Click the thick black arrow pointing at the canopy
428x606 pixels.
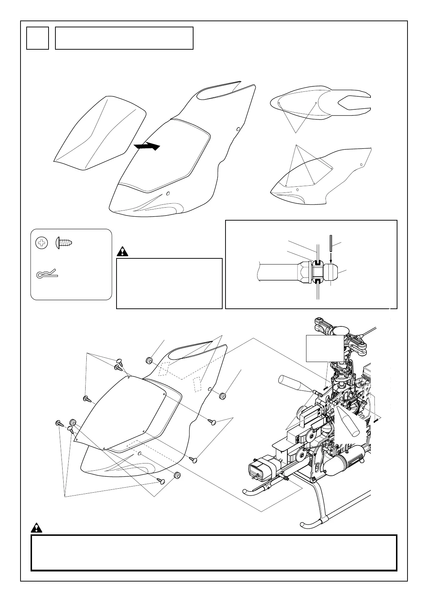point(146,146)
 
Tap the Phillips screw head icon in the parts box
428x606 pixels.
point(42,244)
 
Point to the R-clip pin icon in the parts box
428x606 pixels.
point(47,275)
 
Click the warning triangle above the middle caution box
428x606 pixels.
point(123,252)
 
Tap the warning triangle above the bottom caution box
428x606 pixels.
point(36,528)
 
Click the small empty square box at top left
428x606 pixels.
point(37,38)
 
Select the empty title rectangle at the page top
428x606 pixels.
point(124,38)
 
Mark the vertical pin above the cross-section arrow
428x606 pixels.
point(331,244)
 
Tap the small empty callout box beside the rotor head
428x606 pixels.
point(325,348)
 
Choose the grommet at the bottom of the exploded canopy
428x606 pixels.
point(177,475)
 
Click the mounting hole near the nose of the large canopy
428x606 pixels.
point(168,194)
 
